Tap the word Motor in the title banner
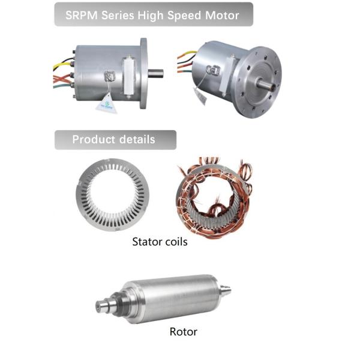click(221, 14)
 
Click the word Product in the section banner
click(93, 140)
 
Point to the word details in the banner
click(136, 140)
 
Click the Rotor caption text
click(183, 331)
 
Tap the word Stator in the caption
click(146, 242)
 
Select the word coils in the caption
click(175, 242)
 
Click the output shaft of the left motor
click(157, 74)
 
